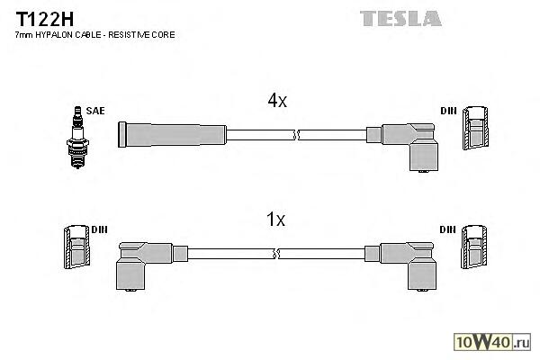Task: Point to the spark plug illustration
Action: pos(77,133)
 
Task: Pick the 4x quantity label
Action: pos(276,102)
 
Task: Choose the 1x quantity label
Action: pos(276,220)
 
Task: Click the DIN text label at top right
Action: pos(448,112)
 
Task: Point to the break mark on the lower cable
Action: pos(277,255)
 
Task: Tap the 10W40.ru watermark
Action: pos(497,342)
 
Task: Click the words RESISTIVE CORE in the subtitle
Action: pos(147,34)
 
